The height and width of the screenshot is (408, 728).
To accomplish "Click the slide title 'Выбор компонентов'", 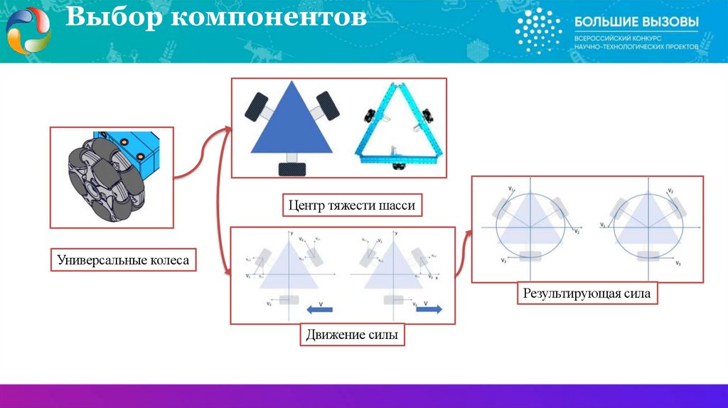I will pyautogui.click(x=216, y=20).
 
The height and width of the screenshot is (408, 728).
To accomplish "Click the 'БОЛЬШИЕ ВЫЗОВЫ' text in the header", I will pyautogui.click(x=636, y=22).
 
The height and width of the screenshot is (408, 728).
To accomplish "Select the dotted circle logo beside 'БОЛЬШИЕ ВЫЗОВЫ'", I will pyautogui.click(x=538, y=31).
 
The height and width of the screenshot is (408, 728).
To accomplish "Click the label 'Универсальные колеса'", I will pyautogui.click(x=124, y=261).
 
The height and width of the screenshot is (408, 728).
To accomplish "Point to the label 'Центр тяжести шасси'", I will pyautogui.click(x=351, y=205).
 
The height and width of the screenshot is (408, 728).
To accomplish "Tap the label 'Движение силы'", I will pyautogui.click(x=352, y=333).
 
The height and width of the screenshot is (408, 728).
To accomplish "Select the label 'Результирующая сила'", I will pyautogui.click(x=587, y=292).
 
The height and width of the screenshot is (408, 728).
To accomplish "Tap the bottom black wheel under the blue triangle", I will pyautogui.click(x=291, y=168).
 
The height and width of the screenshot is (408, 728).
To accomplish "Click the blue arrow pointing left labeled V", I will pyautogui.click(x=320, y=309).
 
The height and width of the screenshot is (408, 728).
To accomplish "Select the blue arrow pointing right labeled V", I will pyautogui.click(x=427, y=309).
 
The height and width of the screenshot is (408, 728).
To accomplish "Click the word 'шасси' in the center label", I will pyautogui.click(x=398, y=205).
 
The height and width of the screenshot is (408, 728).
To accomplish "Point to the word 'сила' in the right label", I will pyautogui.click(x=636, y=292).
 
